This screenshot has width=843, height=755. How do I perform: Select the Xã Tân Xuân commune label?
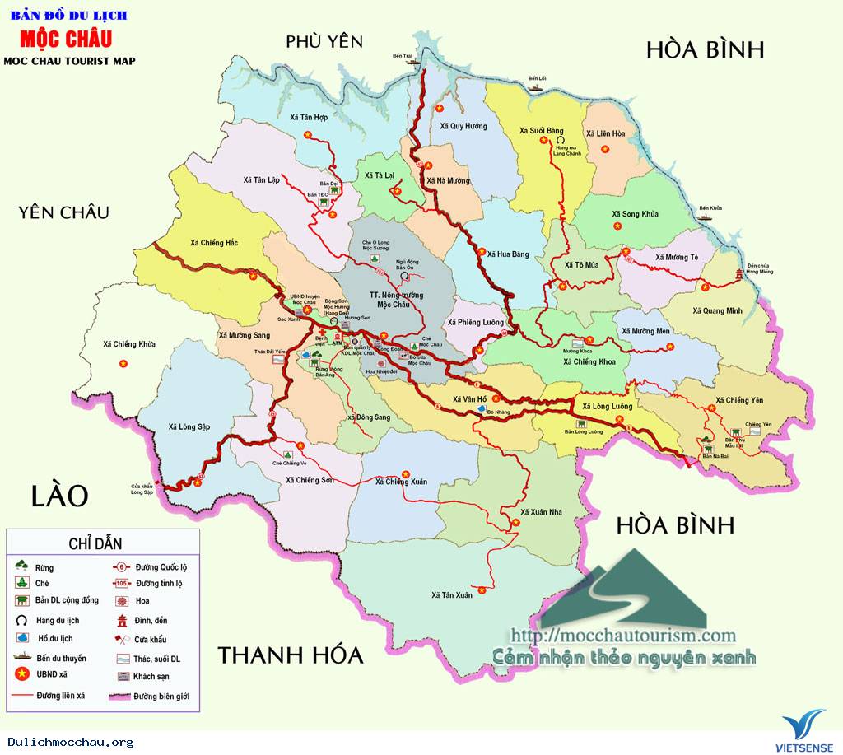coord(452,594)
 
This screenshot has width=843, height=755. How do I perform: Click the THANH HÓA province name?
coord(290,655)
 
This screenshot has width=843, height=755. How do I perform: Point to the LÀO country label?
coord(59,496)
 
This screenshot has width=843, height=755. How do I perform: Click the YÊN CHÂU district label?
coord(63,212)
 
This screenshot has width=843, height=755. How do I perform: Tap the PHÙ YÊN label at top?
coord(324,41)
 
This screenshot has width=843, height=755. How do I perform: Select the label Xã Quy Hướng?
coord(463,126)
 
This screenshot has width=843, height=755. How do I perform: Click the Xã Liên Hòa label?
coord(606,133)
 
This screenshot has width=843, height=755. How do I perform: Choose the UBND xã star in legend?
coord(22,676)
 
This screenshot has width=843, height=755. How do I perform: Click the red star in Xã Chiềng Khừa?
coord(123,363)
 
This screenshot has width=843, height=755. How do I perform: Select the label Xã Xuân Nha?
coord(541,511)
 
